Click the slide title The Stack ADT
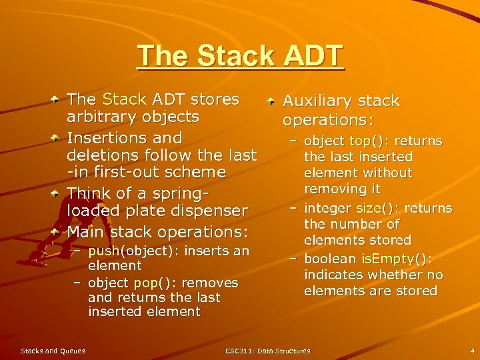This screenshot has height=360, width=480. (240, 56)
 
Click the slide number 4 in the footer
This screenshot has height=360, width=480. (472, 351)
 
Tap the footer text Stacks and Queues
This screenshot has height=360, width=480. (53, 351)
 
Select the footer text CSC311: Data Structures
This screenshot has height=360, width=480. (268, 351)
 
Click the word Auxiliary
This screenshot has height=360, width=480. (315, 101)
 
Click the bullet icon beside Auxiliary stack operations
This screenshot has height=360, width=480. (272, 101)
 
